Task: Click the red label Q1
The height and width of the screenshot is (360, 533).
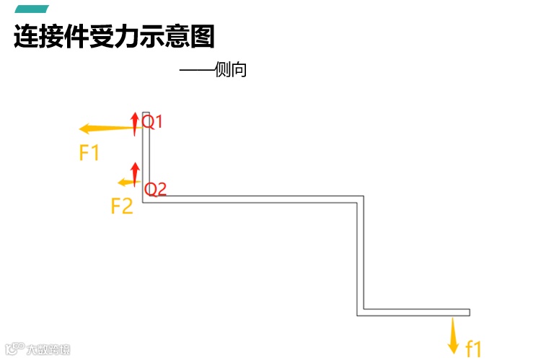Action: tap(153, 121)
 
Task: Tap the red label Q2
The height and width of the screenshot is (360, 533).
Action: tap(156, 190)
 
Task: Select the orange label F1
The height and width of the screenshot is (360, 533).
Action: tap(89, 153)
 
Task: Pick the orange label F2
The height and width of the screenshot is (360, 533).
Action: tap(122, 206)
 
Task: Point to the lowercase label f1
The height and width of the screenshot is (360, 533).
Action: tap(473, 348)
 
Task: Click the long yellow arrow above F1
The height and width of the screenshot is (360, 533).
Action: tap(107, 129)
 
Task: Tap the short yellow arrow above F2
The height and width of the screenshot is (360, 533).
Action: tap(128, 182)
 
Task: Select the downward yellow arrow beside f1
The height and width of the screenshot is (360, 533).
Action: tap(453, 335)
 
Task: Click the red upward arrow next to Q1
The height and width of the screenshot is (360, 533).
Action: tap(134, 123)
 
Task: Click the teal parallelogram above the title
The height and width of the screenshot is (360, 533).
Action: tap(32, 9)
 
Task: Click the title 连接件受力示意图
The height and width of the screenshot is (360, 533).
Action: tap(114, 36)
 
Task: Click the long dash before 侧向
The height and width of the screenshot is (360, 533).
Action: tap(196, 71)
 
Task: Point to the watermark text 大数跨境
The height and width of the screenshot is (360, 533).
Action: tap(49, 350)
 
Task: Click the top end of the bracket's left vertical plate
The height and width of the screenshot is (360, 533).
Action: tap(146, 114)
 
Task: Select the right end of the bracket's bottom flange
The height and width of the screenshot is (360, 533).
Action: tap(468, 312)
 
